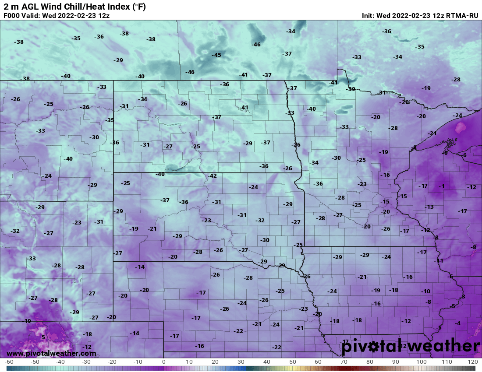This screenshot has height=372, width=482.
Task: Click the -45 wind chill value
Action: coord(216,55)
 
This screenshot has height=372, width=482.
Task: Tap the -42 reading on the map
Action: coord(212,176)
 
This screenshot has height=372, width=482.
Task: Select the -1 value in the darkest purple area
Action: coord(442,186)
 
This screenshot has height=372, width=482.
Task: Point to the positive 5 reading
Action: coord(43,337)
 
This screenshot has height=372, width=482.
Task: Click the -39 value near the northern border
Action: coord(351,89)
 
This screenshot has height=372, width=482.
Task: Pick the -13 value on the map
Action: coord(429,207)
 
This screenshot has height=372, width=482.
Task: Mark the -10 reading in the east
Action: coord(425,291)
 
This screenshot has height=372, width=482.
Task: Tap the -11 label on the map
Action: coord(439,261)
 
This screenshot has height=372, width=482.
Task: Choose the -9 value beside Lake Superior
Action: coord(445,153)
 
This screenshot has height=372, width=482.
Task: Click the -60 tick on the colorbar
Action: coord(9,362)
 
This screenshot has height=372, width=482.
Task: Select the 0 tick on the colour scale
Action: coord(164,362)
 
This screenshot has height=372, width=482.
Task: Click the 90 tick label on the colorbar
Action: coord(396,362)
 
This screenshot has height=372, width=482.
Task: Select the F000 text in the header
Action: coord(13,15)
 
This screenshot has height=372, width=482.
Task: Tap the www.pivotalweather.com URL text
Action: coord(51,353)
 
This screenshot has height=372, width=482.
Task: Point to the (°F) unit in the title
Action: coord(138,7)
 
